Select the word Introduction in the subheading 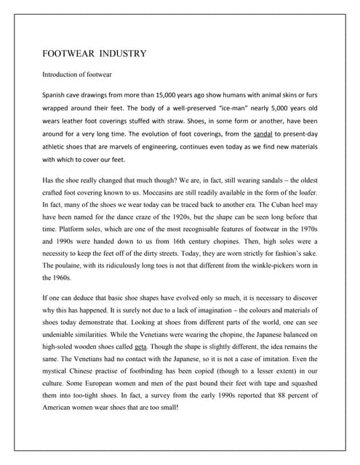coord(62,74)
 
